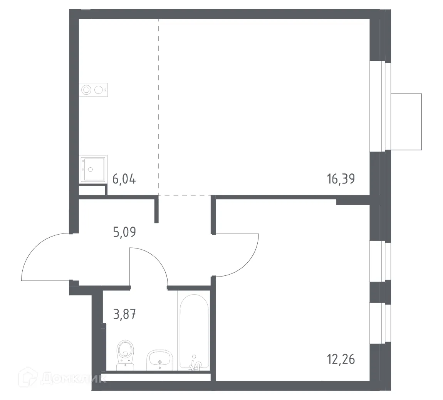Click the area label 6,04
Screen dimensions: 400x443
point(124,179)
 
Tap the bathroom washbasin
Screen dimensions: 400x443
point(159,360)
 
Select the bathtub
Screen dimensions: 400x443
point(194,331)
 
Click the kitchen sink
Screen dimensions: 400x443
point(92,168)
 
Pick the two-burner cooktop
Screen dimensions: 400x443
point(93,90)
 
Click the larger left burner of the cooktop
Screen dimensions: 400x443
point(87,90)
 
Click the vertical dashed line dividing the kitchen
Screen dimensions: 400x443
point(158,108)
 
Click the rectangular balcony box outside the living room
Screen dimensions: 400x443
point(406,122)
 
